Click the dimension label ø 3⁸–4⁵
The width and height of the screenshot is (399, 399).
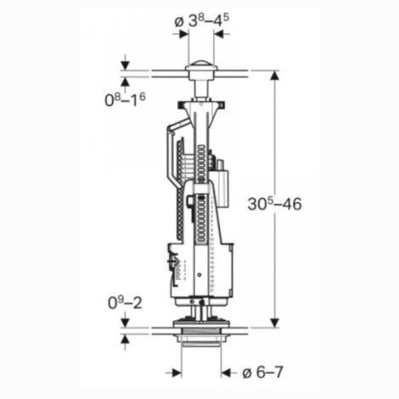tap(202, 20)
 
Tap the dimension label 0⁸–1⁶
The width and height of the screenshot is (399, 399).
tap(125, 99)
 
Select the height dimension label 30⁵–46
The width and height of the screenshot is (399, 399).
tap(274, 204)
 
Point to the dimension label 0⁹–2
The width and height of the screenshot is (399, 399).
tap(125, 302)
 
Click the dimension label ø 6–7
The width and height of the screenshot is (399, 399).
tap(262, 373)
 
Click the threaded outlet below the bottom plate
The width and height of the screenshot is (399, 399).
tap(201, 338)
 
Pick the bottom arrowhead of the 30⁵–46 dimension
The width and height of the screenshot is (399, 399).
tap(274, 323)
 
